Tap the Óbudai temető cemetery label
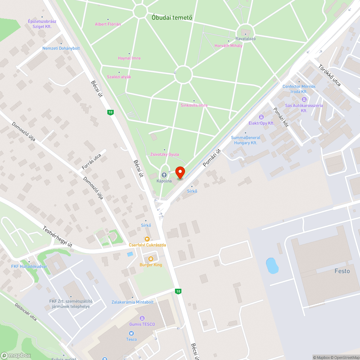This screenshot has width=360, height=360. click(x=172, y=17)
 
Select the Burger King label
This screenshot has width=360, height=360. click(x=151, y=265)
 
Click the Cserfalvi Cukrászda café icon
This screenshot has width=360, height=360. click(x=147, y=239)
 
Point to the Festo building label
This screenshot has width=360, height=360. click(x=342, y=271)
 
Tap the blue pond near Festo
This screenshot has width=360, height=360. click(x=272, y=266)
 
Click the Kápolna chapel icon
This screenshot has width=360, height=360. click(x=164, y=175)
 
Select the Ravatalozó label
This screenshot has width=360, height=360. click(x=246, y=39)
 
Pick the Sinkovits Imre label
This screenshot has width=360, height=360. click(x=194, y=105)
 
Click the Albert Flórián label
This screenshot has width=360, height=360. click(x=108, y=24)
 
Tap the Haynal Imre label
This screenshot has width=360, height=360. click(x=129, y=58)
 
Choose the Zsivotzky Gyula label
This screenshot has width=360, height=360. click(x=165, y=154)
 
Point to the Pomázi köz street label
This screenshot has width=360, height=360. click(x=281, y=117)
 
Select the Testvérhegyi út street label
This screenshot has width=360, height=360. click(x=58, y=236)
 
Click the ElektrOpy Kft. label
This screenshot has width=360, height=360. click(x=261, y=123)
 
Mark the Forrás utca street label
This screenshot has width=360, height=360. click(x=91, y=162)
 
